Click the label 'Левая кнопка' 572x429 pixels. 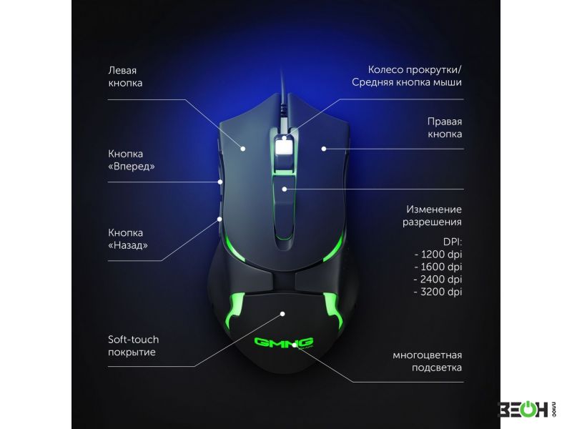[125, 77]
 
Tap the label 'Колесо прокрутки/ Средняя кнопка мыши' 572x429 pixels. [407, 76]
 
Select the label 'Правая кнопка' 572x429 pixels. [445, 128]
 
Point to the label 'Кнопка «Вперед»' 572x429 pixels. [132, 160]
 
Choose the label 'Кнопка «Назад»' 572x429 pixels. [128, 239]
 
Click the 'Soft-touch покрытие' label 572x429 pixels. [134, 345]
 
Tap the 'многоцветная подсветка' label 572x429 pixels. [427, 361]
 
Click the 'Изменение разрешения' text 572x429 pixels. [433, 216]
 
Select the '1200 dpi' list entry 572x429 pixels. [438, 255]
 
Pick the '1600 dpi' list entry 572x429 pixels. [438, 267]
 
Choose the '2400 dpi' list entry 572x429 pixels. [438, 279]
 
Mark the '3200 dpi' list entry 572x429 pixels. [438, 292]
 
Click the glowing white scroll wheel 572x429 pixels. [284, 148]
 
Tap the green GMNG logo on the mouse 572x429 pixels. [283, 342]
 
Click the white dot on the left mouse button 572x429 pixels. [243, 149]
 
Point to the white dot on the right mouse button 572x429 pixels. [324, 149]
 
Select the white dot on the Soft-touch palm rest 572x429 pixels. [282, 314]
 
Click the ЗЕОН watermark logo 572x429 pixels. [526, 409]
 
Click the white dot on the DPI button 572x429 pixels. [284, 189]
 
